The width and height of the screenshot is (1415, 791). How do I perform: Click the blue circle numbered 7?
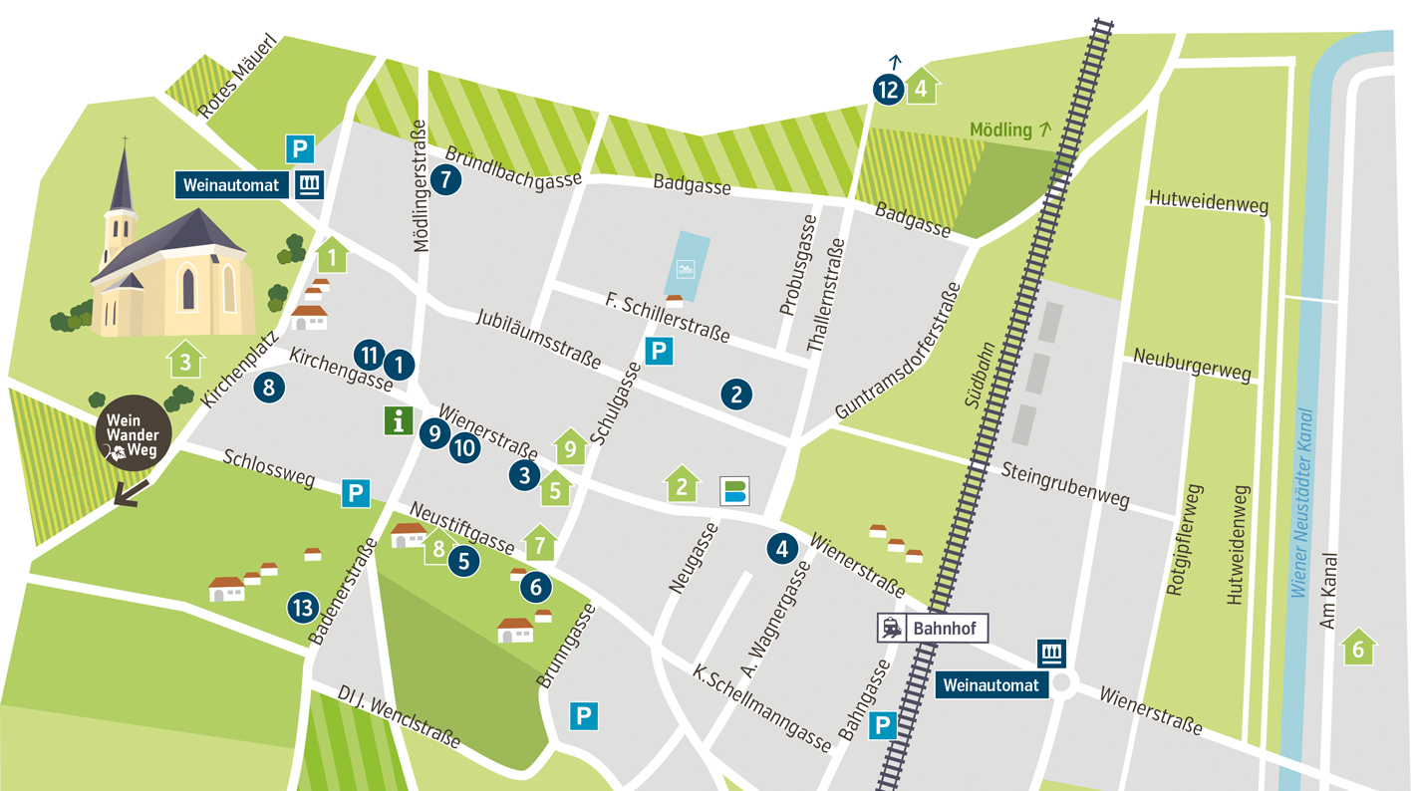446,180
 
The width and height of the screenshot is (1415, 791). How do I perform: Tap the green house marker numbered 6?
1357,648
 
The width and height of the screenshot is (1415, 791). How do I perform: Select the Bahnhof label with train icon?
933,629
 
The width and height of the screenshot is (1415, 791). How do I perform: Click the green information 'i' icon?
399,420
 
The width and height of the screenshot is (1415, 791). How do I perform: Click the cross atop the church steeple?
125,140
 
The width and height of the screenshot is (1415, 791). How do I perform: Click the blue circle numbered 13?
303,606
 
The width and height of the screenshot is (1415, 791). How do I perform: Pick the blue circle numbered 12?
888,90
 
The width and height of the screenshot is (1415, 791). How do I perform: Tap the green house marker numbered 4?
922,88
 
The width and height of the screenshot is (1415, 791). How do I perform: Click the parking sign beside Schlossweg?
356,493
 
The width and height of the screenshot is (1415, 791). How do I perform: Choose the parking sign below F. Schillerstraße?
659,352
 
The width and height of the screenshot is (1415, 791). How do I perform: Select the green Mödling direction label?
1010,130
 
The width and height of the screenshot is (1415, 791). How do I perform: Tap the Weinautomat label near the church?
231,185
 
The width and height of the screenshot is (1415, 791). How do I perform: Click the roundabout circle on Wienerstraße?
1062,683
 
